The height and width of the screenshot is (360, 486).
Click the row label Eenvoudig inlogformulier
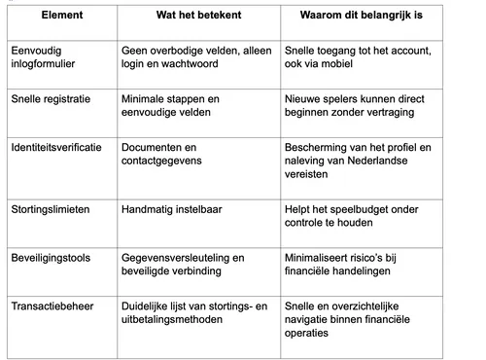click(46, 54)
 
